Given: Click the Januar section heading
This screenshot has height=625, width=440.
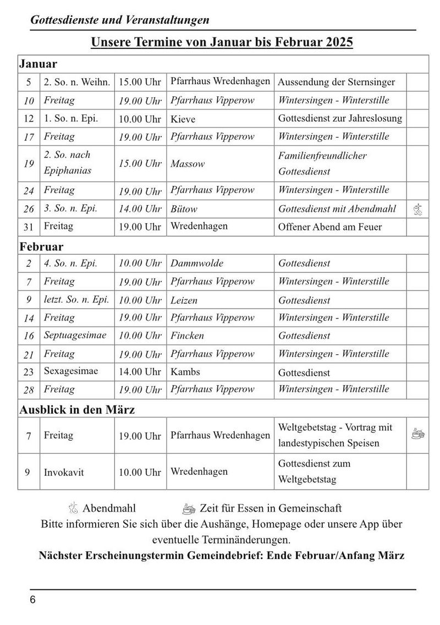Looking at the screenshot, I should point(38,64).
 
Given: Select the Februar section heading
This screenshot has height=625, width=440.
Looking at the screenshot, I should point(41,246).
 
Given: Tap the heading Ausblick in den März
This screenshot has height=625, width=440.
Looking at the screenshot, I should point(77,409).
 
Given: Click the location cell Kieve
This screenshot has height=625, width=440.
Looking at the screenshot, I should point(183,119).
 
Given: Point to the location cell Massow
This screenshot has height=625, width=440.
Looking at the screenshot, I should point(188,164).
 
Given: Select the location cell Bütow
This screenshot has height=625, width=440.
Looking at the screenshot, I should point(184,209).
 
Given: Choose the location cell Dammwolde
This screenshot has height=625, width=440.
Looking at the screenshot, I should point(197,263).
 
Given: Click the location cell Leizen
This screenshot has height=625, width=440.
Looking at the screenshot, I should point(184,300).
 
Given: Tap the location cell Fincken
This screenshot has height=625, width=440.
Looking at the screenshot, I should point(187,336).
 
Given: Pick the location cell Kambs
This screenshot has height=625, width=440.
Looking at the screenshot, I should point(185,372).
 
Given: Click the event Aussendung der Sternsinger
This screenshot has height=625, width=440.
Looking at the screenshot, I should point(337,83).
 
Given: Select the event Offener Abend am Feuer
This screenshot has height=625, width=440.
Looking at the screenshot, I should point(330,227).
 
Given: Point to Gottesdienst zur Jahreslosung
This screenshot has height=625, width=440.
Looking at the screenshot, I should point(340,118).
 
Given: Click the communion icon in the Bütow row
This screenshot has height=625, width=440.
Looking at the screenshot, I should point(417,209).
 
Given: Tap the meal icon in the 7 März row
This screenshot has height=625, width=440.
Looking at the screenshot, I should point(417,435).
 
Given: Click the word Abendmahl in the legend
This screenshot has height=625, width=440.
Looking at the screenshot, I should point(109,508).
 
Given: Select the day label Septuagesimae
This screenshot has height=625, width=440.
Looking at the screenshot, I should point(75,335).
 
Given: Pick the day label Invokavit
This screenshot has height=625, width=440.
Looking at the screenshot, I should point(64,472).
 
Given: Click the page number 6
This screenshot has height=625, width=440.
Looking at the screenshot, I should point(33,600).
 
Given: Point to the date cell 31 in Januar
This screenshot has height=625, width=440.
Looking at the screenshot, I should point(29,227).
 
